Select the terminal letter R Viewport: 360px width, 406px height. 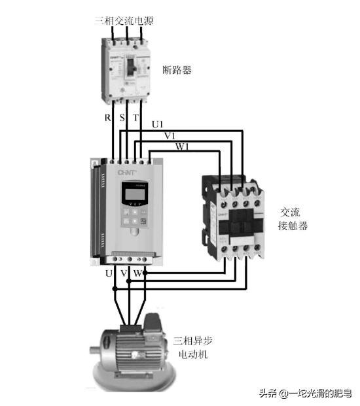click(x=108, y=118)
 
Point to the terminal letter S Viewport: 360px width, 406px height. click(x=122, y=118)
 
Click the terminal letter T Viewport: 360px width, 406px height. click(x=135, y=118)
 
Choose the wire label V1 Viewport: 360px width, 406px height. click(x=170, y=135)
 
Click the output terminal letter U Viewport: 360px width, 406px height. click(x=109, y=273)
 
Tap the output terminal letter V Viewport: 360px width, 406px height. click(x=124, y=273)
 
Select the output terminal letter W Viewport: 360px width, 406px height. click(x=138, y=273)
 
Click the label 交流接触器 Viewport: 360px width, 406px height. click(x=294, y=219)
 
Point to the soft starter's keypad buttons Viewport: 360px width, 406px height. click(x=135, y=217)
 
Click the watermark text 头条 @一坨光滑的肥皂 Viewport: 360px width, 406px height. click(x=305, y=393)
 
